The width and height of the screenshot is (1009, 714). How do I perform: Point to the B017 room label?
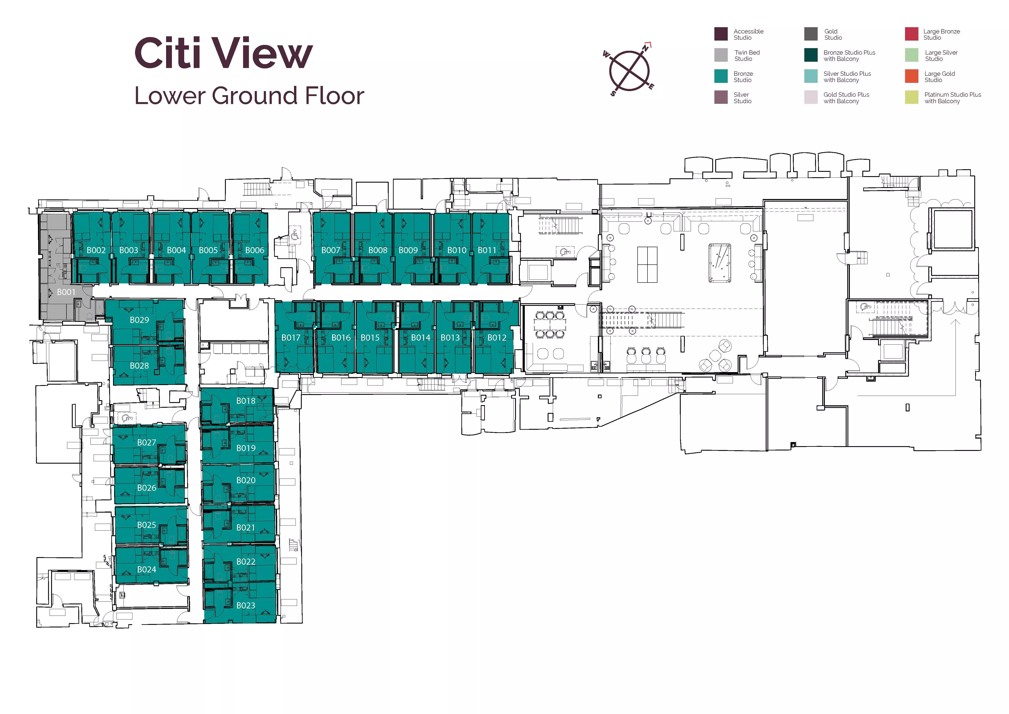click(x=291, y=338)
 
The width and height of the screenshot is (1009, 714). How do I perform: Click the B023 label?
click(x=246, y=605)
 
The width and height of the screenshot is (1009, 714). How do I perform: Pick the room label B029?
click(x=139, y=320)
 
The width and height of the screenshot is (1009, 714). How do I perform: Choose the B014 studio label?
click(x=421, y=338)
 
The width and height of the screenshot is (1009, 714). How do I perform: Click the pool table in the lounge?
click(x=719, y=263)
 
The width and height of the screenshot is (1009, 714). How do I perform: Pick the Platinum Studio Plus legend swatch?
click(x=912, y=97)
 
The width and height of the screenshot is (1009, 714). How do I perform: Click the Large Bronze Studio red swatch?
click(x=912, y=34)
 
